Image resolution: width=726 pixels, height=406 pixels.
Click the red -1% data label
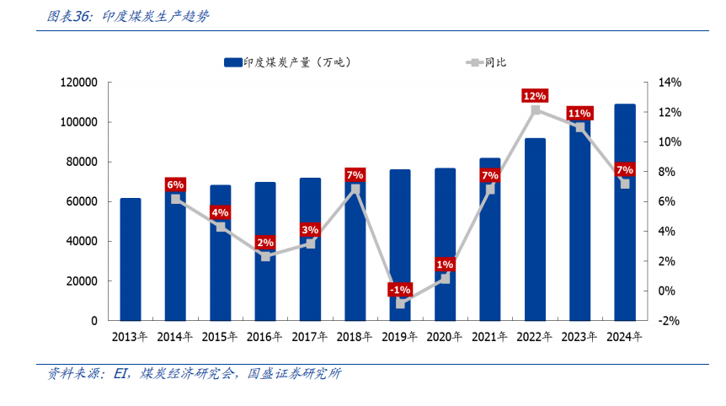pos(400,290)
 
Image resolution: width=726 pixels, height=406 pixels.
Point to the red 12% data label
pos(535,96)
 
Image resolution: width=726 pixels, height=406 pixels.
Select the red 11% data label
pos(579,113)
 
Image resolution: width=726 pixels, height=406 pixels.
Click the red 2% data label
pos(265,242)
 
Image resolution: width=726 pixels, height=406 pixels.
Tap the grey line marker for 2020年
pos(446,278)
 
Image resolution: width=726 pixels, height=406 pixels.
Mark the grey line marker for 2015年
pos(221,227)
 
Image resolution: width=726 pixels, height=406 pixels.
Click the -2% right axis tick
pos(669,321)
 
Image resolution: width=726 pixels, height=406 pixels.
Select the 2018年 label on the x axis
pos(355,337)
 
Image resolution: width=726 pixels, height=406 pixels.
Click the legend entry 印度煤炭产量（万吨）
pos(287,61)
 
